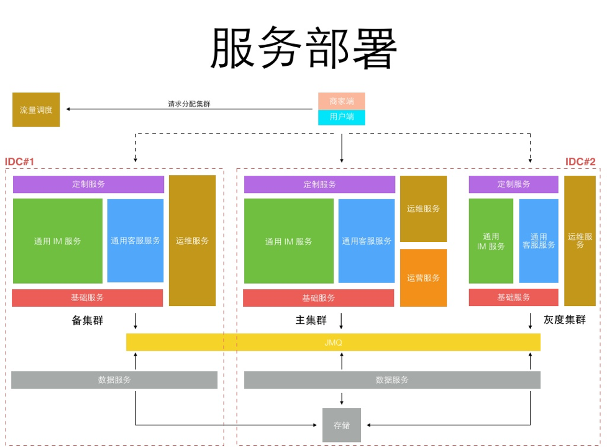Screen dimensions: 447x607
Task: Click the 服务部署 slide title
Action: (304, 48)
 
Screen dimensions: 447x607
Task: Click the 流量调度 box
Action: (36, 110)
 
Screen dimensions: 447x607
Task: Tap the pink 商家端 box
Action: (342, 101)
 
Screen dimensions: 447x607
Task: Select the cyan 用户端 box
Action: (342, 117)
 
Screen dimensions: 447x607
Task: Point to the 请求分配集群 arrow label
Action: (189, 104)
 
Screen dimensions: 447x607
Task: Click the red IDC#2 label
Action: (580, 162)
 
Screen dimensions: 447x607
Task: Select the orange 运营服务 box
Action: (423, 278)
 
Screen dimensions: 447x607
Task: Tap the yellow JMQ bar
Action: (333, 342)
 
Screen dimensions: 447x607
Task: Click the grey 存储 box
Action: (342, 425)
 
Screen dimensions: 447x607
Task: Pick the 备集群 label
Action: (88, 320)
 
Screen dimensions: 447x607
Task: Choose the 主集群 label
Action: (311, 320)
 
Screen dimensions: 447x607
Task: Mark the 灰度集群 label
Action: (564, 320)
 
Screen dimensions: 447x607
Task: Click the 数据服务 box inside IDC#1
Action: (114, 380)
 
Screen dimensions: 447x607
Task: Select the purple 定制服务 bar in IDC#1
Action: (88, 184)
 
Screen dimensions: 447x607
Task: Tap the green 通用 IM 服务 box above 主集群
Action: (288, 242)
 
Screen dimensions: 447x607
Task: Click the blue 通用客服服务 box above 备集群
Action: (135, 241)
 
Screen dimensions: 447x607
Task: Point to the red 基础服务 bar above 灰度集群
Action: (513, 297)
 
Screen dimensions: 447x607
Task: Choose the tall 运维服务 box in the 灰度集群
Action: (580, 241)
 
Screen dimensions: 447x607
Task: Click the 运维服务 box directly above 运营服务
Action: (423, 209)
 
